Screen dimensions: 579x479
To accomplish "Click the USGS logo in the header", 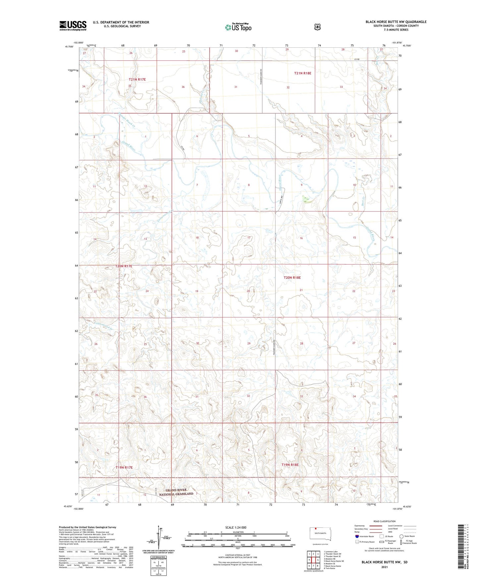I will pos(73,26).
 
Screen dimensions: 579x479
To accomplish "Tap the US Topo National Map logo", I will pos(238,27).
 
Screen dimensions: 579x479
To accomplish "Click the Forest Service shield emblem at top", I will pos(318,27).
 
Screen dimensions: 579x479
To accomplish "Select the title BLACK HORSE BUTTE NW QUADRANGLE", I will pos(396,22).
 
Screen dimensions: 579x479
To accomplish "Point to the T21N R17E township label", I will pos(137,80).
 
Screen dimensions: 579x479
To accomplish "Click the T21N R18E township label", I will pos(302,73).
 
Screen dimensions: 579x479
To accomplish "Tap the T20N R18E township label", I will pos(292,278).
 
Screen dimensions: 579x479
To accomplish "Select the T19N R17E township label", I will pos(124,468).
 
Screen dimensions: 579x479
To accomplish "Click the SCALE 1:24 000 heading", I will pos(236,527).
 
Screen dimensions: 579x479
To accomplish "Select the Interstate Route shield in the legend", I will pos(357,536).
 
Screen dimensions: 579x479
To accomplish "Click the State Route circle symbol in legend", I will pos(401,536).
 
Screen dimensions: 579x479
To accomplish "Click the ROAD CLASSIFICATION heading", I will pos(384,521).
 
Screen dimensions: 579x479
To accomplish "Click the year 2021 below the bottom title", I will pos(384,567).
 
